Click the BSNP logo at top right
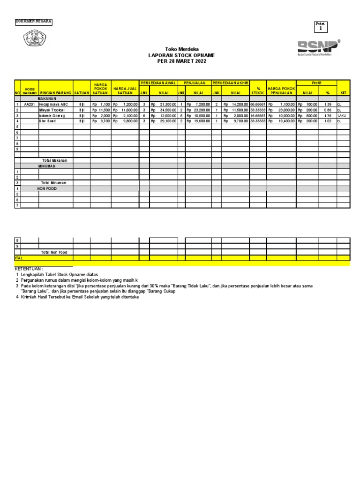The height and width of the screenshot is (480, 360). click(x=319, y=47)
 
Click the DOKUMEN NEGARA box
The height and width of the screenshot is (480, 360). click(x=34, y=22)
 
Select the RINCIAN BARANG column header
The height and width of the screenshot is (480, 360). click(x=56, y=93)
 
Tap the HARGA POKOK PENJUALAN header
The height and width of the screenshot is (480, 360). click(x=281, y=90)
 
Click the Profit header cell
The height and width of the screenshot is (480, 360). click(x=316, y=82)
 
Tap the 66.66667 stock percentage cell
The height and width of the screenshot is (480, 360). click(x=258, y=104)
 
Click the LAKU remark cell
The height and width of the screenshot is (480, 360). click(x=342, y=115)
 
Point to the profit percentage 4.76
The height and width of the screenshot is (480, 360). click(x=328, y=115)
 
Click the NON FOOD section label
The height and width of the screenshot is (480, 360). click(x=47, y=188)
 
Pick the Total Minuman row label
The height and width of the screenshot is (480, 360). click(x=54, y=183)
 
